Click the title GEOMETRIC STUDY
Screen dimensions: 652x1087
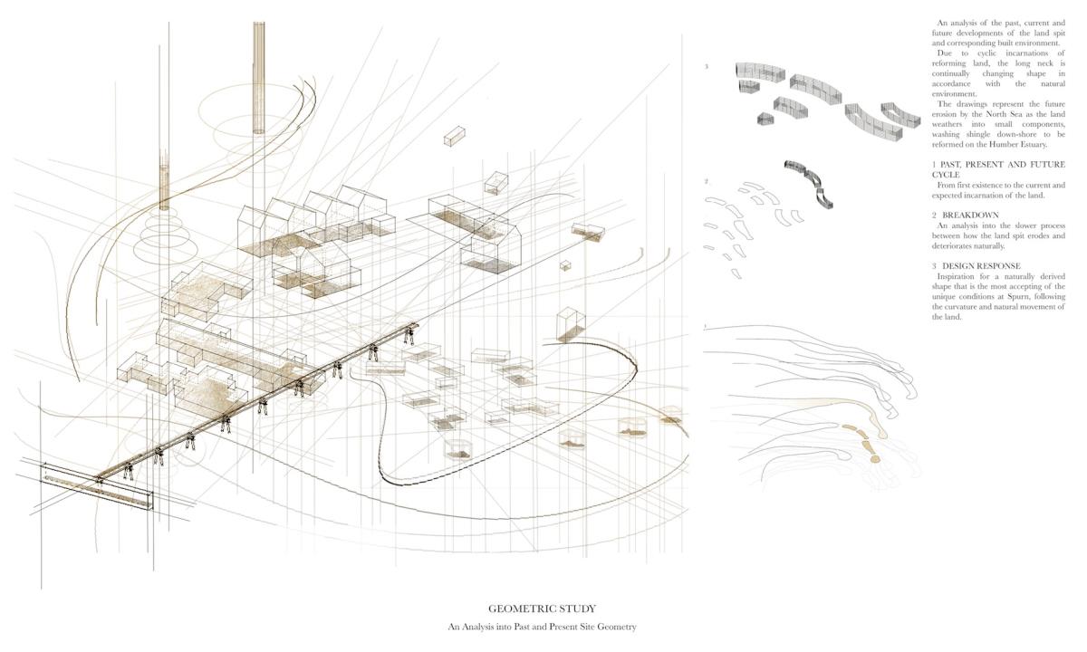click(x=542, y=609)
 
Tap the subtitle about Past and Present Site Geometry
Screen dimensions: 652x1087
click(x=542, y=627)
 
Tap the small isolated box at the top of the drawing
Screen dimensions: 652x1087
click(x=454, y=137)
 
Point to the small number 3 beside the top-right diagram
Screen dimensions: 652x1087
click(x=707, y=66)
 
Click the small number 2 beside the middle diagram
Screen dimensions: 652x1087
click(x=707, y=181)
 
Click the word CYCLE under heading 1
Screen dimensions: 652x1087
click(x=947, y=175)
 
